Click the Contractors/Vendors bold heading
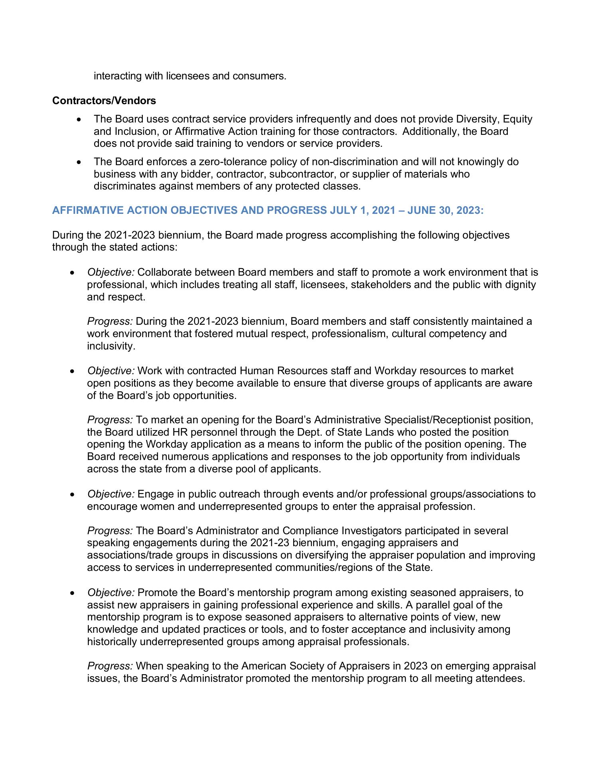click(104, 101)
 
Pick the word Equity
click(517, 119)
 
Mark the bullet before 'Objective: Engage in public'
click(72, 495)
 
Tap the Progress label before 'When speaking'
click(110, 666)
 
